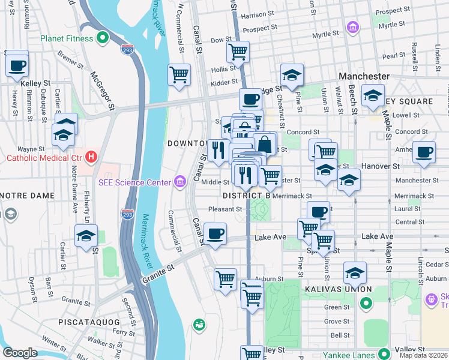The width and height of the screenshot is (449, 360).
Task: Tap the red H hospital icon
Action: coord(91,158)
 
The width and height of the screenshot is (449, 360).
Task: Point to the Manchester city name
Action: coord(364,77)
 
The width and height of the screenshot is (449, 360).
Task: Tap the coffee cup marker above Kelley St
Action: coord(17,65)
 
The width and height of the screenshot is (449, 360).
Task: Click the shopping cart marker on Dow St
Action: coord(238,52)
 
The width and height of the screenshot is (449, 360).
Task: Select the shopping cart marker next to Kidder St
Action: coord(179,76)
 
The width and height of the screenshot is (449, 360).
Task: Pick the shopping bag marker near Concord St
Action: coord(264,145)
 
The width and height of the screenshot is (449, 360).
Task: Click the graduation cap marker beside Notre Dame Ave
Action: coord(86,236)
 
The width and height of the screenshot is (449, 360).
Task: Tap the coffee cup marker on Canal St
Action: coord(215,234)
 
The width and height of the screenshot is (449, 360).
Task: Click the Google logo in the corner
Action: coord(19,353)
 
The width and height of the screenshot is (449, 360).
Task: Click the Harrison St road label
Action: coord(257,14)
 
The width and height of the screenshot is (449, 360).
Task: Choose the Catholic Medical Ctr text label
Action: coord(43,158)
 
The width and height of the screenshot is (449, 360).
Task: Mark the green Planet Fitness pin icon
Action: coord(103,38)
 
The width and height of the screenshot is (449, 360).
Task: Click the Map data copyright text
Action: coord(423,355)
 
